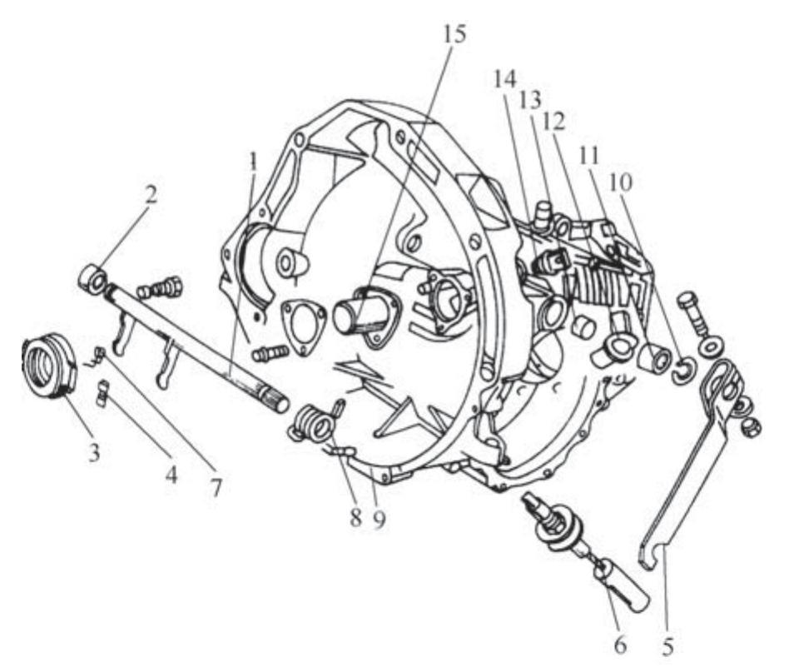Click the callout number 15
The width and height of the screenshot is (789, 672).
(x=454, y=33)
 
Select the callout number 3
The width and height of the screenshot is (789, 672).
(x=94, y=452)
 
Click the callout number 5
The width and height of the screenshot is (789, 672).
(x=667, y=645)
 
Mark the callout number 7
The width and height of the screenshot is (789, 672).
(x=216, y=487)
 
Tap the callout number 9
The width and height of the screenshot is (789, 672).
(x=379, y=519)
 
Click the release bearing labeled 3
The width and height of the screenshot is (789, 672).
(x=49, y=366)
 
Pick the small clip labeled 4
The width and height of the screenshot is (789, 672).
(x=102, y=393)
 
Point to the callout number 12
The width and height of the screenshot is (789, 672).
(x=553, y=121)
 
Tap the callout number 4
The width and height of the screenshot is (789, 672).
(x=171, y=474)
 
